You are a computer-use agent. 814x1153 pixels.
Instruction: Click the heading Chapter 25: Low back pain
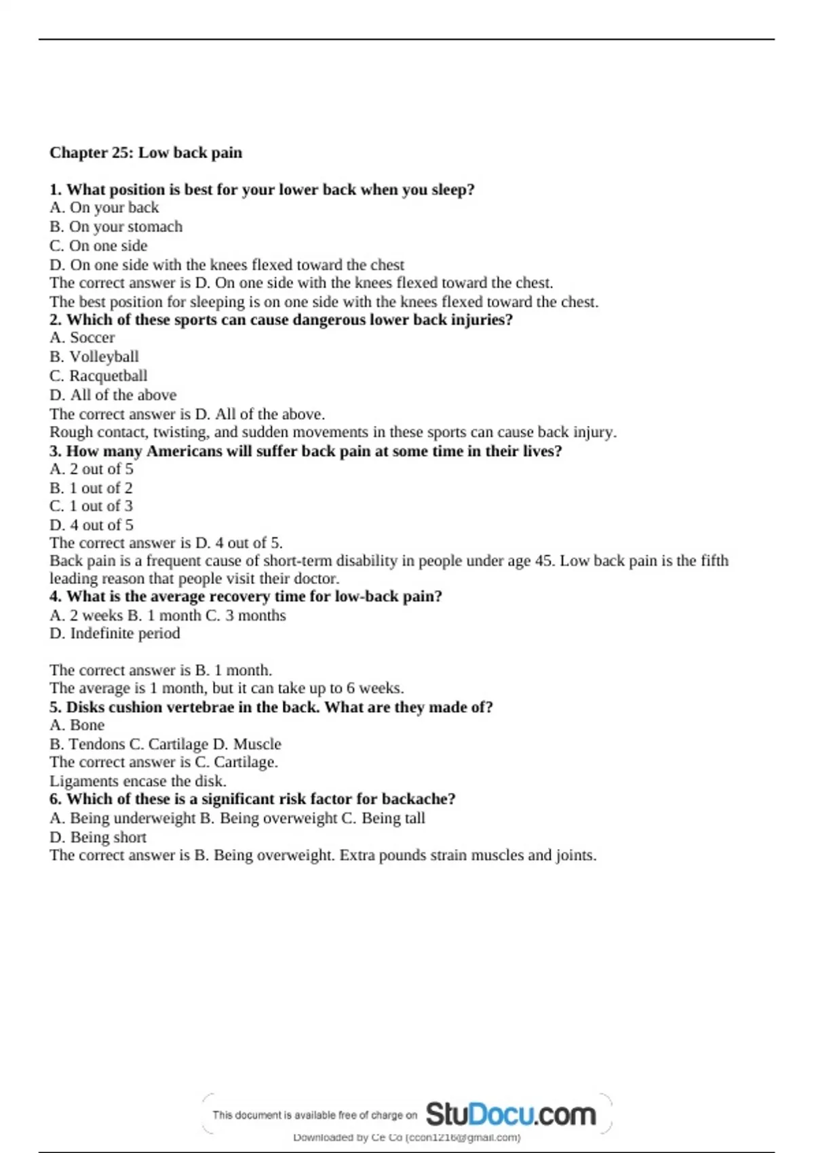(x=145, y=153)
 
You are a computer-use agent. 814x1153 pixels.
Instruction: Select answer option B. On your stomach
(x=116, y=227)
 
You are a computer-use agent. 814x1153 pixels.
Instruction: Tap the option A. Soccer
(x=82, y=338)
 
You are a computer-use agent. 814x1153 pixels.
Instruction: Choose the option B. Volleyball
(x=94, y=357)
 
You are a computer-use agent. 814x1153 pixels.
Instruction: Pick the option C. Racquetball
(x=98, y=376)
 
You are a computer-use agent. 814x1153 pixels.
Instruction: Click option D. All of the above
(x=113, y=395)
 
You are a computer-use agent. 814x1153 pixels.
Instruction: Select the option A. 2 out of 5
(x=92, y=469)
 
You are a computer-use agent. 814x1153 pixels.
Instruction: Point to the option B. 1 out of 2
(x=91, y=488)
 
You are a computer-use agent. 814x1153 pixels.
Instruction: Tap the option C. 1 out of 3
(x=91, y=506)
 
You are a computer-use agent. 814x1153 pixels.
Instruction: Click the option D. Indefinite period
(x=115, y=633)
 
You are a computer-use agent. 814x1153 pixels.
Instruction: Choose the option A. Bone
(x=77, y=725)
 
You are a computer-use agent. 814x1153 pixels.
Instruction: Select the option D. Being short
(x=98, y=837)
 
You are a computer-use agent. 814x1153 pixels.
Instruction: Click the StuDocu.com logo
(x=510, y=1114)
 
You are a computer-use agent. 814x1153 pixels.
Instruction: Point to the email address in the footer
(x=463, y=1137)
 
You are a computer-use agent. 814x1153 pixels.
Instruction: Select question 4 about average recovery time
(x=246, y=597)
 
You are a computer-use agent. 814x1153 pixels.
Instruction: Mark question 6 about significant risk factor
(x=252, y=799)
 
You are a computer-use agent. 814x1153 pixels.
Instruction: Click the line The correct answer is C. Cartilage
(x=163, y=762)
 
